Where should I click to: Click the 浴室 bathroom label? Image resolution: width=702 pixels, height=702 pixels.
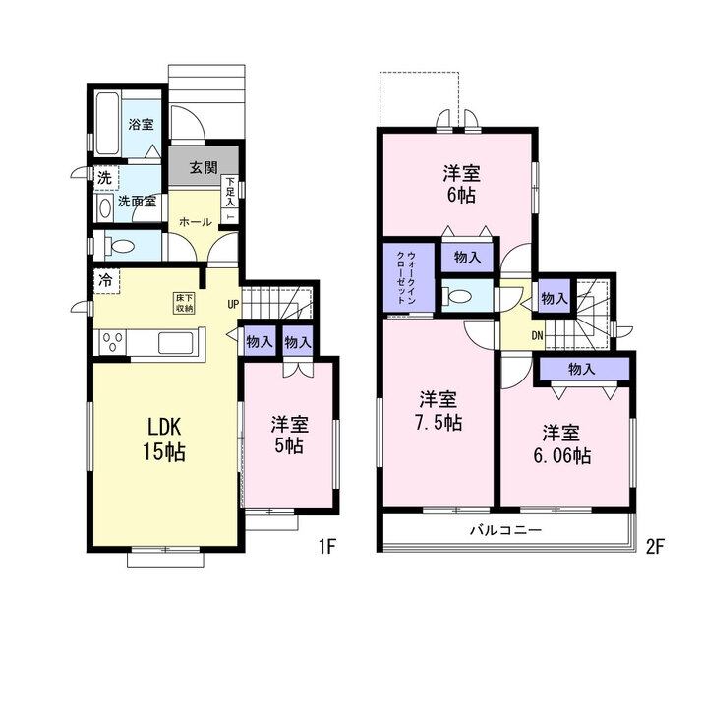(x=141, y=124)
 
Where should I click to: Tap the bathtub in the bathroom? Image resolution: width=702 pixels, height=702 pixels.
(x=107, y=124)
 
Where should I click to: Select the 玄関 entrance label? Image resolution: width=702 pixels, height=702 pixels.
(x=204, y=167)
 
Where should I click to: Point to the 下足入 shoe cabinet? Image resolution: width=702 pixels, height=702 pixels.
(x=230, y=198)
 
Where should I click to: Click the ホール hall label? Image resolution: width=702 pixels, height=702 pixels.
(x=196, y=221)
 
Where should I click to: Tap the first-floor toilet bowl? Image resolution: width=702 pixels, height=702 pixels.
(x=120, y=246)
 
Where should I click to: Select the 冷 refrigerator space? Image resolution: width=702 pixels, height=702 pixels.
(x=106, y=281)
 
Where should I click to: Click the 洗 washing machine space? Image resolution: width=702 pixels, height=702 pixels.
(x=105, y=178)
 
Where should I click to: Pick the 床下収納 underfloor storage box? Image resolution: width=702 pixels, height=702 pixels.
(x=185, y=303)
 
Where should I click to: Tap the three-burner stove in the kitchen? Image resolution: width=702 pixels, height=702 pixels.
(x=113, y=343)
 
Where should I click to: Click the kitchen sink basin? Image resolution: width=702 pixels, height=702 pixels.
(x=175, y=343)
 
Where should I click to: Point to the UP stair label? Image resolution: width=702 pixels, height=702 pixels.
(x=233, y=305)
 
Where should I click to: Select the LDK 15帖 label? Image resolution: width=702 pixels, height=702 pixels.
(x=164, y=439)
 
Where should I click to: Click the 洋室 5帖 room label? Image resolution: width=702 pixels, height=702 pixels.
(x=289, y=435)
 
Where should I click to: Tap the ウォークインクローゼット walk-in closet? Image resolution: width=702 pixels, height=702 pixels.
(x=409, y=277)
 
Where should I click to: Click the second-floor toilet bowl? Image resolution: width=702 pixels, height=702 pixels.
(x=456, y=296)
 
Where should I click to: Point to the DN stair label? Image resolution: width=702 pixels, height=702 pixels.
(x=537, y=335)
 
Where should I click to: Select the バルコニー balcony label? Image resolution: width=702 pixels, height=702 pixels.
(x=505, y=530)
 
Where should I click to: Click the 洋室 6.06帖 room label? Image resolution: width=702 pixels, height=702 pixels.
(x=561, y=444)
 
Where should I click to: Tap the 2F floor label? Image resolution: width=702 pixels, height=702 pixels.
(x=654, y=547)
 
